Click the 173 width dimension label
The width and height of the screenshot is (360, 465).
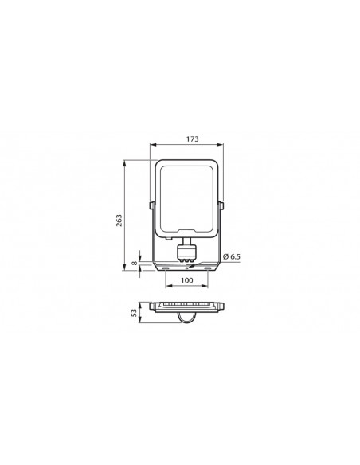193,139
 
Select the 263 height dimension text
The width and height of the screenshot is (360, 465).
119,221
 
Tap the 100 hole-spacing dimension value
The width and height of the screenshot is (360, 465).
187,280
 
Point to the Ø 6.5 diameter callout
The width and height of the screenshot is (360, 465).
231,256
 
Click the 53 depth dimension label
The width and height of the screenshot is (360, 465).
135,313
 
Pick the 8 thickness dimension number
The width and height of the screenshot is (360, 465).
135,263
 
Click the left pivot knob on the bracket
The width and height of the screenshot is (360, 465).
151,205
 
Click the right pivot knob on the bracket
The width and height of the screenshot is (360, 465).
221,205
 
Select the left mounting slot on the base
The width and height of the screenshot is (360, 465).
166,268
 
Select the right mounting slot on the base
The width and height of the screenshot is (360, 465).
208,268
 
